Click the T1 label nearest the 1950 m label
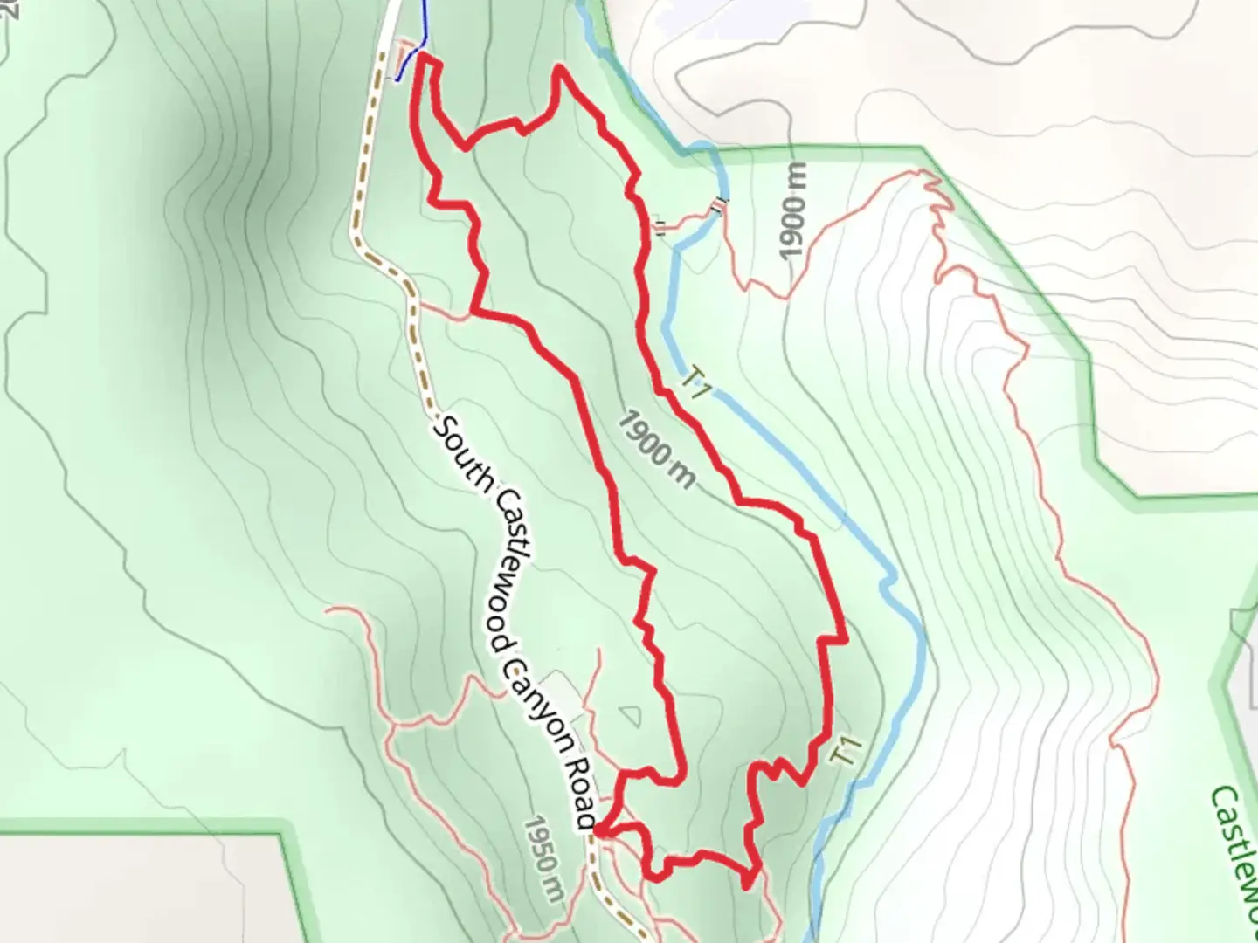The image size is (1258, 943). click(847, 751)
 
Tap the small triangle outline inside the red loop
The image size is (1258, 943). click(630, 716)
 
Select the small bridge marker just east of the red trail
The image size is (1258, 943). click(660, 229)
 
